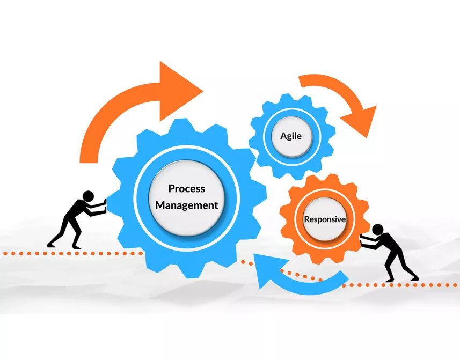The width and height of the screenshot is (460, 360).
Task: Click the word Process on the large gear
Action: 186,188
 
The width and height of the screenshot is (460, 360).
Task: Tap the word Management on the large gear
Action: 186,205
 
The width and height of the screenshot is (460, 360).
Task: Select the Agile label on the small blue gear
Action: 291,136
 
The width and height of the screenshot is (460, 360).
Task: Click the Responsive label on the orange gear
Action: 325,219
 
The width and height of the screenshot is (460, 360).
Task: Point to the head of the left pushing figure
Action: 89,195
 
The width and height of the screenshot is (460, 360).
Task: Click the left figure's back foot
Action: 51,245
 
